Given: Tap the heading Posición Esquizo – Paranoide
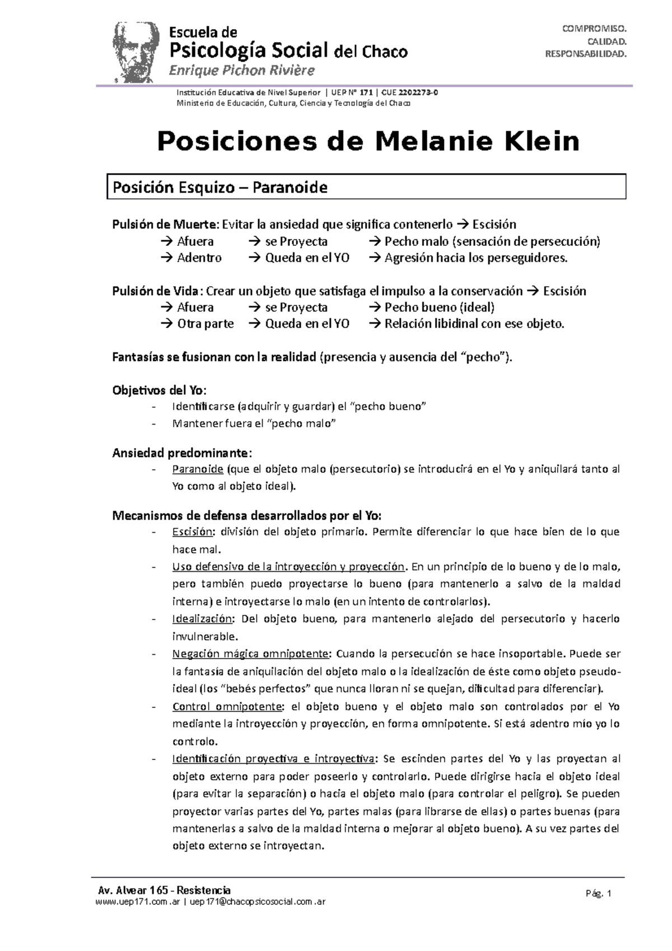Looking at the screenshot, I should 220,187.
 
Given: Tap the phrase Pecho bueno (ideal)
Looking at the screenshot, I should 439,307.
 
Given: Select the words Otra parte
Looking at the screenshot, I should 205,324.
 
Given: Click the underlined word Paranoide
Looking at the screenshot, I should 198,469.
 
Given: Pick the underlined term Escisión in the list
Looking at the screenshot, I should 192,532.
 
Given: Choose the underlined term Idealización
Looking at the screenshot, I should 202,619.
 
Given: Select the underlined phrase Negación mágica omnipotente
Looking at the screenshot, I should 251,654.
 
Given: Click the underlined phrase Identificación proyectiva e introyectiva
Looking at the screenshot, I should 273,759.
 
